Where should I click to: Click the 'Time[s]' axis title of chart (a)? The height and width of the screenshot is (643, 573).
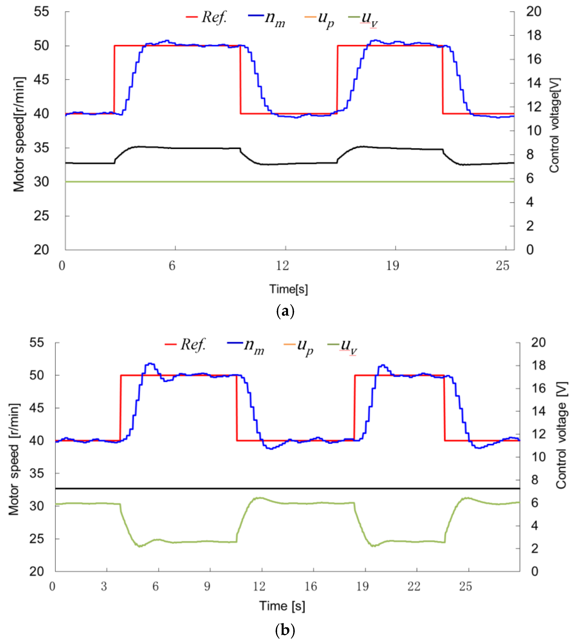[288, 289]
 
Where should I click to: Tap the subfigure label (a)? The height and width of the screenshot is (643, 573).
[285, 311]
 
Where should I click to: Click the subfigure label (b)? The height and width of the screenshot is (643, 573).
[285, 631]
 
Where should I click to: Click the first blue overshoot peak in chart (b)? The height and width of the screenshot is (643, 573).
[150, 364]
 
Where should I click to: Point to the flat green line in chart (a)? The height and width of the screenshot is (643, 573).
[283, 182]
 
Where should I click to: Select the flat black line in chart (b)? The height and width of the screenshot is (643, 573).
[283, 488]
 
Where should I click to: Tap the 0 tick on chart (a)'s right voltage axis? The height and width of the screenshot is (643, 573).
[530, 250]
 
